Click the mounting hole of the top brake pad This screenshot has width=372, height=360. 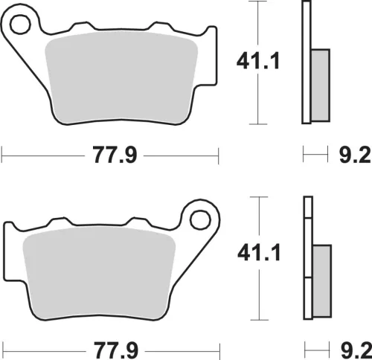click(x=20, y=25)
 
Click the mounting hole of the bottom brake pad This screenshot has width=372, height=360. click(x=200, y=220)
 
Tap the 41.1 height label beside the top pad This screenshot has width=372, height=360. click(x=258, y=60)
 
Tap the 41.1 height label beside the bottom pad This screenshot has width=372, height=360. click(x=259, y=252)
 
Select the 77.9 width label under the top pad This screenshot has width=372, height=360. click(x=115, y=155)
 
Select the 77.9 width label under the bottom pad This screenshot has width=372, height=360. click(x=116, y=350)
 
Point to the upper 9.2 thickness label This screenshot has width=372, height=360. click(x=355, y=155)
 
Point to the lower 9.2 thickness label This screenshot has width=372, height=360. click(x=356, y=350)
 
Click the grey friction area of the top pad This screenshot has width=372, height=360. click(x=121, y=77)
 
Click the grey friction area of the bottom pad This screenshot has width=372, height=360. click(x=99, y=272)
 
